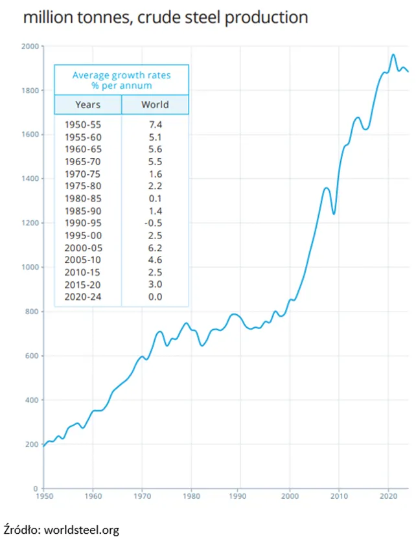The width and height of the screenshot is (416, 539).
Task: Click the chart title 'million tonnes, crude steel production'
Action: (165, 17)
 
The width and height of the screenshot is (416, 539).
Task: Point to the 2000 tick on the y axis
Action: (30, 46)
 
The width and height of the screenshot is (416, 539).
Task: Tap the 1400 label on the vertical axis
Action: (30, 178)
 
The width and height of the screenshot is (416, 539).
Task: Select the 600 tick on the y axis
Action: (32, 356)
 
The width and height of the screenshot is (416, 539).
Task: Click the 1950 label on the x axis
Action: (44, 496)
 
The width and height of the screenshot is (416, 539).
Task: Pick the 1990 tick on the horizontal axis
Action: (238, 496)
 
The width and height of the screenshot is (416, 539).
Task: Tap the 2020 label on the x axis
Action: (389, 496)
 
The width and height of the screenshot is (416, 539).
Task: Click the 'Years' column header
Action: (88, 104)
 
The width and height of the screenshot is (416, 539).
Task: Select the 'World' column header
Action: (155, 104)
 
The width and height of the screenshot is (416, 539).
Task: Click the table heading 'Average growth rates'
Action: (121, 75)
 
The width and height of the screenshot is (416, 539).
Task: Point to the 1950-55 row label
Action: (83, 125)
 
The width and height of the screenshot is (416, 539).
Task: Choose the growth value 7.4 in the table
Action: (156, 125)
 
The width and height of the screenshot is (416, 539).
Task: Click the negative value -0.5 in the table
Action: (154, 223)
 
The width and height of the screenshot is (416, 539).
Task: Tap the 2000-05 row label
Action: (83, 248)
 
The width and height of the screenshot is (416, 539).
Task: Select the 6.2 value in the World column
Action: (155, 248)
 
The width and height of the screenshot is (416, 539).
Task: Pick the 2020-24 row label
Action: (83, 297)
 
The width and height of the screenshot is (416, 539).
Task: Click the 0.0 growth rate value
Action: (155, 297)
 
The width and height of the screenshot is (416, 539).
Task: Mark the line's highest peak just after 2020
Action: (393, 54)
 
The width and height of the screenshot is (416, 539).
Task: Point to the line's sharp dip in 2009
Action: (334, 214)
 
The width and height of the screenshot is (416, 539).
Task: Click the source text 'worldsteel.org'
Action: (82, 530)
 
